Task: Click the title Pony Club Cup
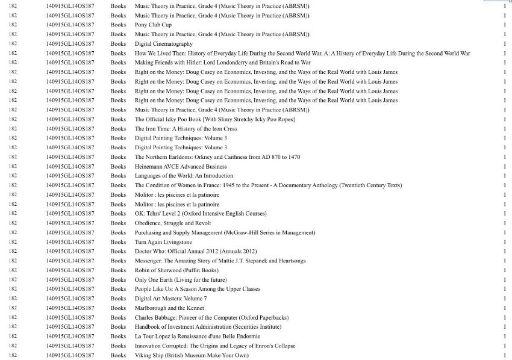coord(153,25)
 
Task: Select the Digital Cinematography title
coord(164,44)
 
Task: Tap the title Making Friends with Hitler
coord(222,63)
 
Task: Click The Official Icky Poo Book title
coord(214,119)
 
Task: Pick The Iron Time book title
coord(186,129)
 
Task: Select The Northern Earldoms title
coord(217,157)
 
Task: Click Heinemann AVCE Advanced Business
coord(181,167)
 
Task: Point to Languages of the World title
coord(184,176)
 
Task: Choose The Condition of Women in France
coord(268,185)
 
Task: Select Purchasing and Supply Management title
coord(225,232)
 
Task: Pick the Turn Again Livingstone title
coord(163,242)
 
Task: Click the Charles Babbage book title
coord(211,317)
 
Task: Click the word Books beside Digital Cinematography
coord(119,44)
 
